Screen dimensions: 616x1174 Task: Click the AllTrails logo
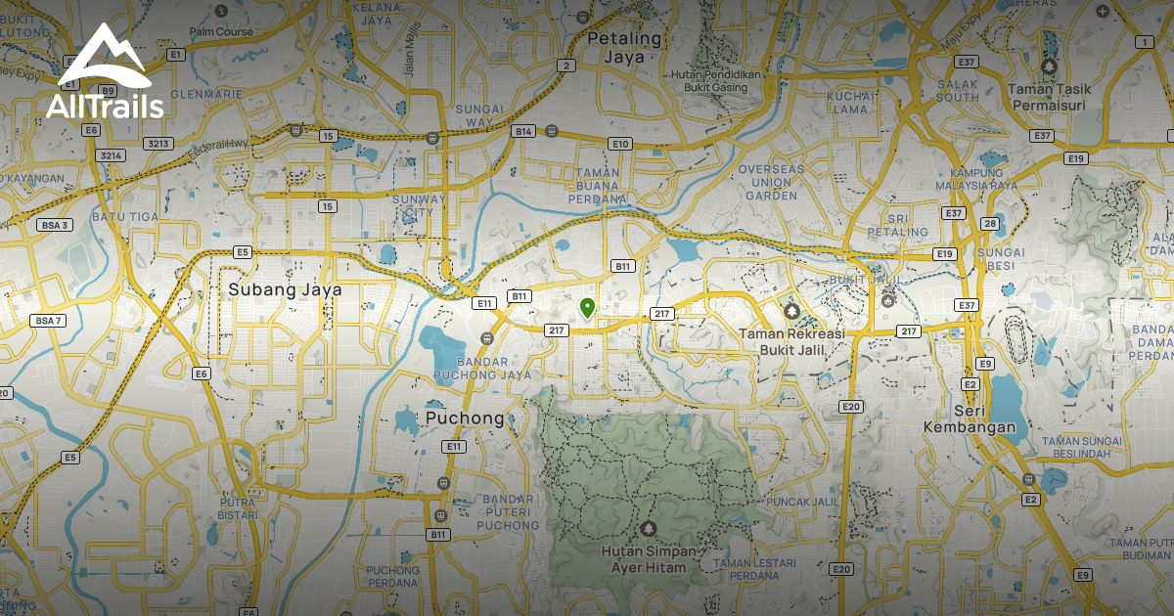(x=105, y=74)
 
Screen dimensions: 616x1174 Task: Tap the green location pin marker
(x=586, y=308)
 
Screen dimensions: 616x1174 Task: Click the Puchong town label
(x=465, y=418)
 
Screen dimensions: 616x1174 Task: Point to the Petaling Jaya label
(x=625, y=47)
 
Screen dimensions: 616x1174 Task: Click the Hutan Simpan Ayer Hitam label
(x=649, y=558)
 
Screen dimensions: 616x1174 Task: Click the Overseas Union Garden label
(x=769, y=182)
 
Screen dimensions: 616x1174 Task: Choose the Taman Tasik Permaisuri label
(x=1049, y=96)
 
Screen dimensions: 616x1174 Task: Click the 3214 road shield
(x=110, y=155)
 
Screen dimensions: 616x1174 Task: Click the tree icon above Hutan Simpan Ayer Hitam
(x=647, y=529)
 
